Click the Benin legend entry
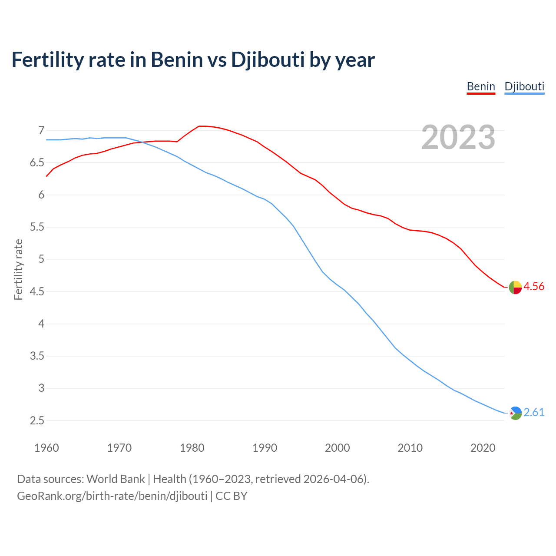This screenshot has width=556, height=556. [x=481, y=86]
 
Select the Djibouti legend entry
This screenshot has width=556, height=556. [x=524, y=86]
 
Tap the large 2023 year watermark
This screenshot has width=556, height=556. [x=458, y=137]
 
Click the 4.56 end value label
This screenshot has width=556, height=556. [x=534, y=286]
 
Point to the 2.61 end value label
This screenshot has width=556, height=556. [x=534, y=412]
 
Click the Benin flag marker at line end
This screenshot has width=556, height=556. [x=515, y=287]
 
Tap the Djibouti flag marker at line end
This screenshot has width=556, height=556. [x=515, y=413]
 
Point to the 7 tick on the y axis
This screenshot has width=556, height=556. [x=41, y=130]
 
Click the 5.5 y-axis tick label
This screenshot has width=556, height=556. [x=37, y=227]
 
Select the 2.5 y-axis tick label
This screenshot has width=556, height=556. [x=37, y=420]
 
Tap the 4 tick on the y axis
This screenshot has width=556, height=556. [x=41, y=324]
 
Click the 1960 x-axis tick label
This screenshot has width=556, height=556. [x=46, y=448]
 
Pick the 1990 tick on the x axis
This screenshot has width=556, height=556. [x=265, y=448]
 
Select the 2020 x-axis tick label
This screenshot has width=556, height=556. [x=483, y=448]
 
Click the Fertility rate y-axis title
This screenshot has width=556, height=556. [x=18, y=269]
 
